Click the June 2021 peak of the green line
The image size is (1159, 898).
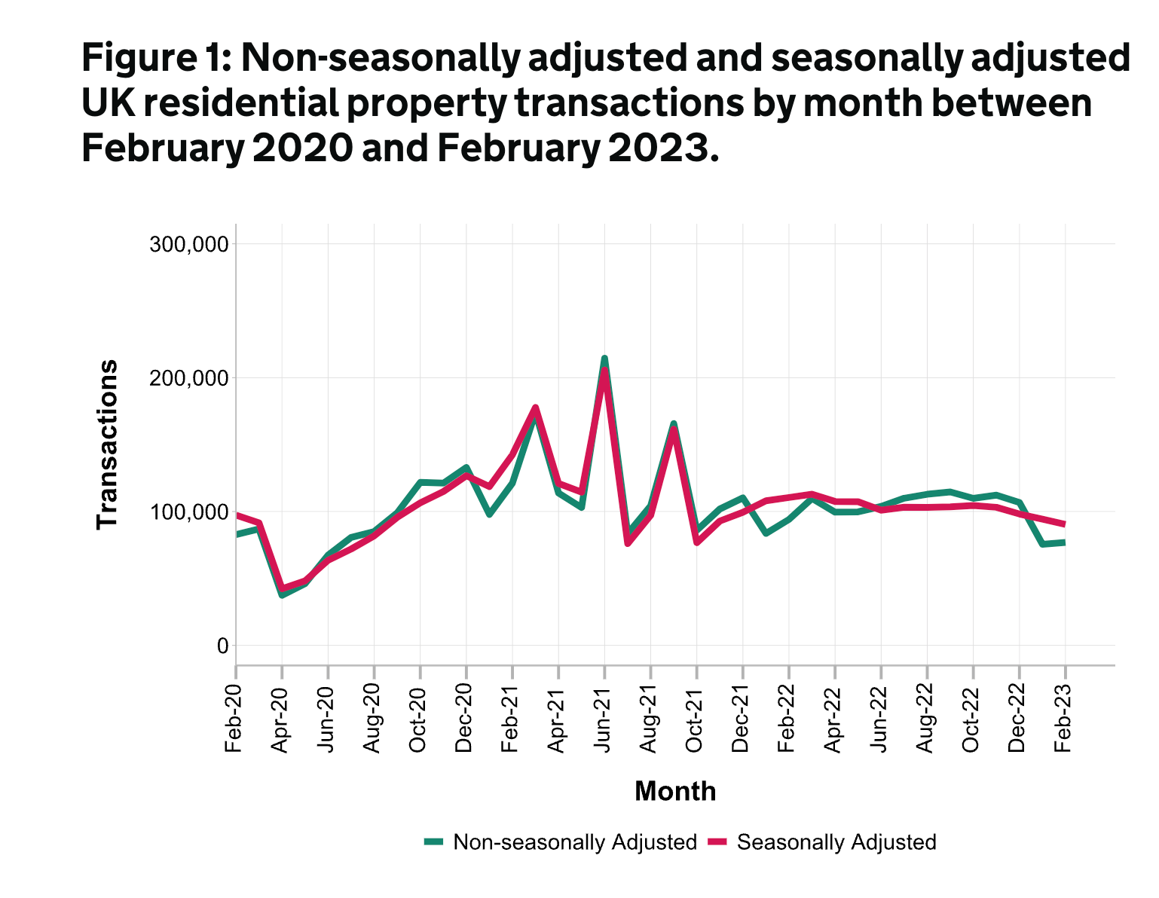604,359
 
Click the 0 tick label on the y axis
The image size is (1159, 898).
222,646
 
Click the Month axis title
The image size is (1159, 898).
675,792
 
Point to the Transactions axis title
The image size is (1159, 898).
108,444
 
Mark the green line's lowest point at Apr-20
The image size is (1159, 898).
282,595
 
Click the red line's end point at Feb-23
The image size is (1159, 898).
1064,524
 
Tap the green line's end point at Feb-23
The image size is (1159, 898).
1064,542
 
